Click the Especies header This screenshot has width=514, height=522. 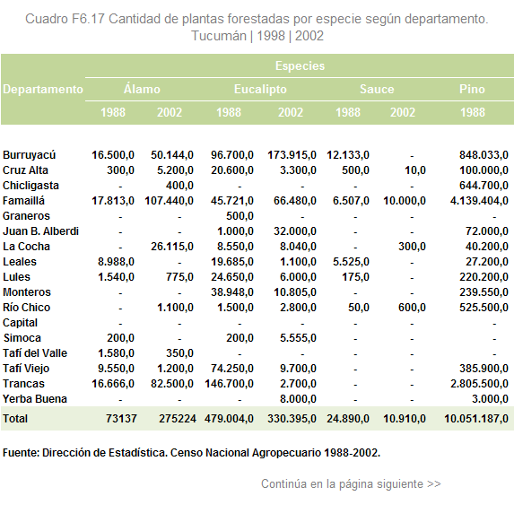(x=300, y=65)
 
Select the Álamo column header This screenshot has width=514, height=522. (x=142, y=89)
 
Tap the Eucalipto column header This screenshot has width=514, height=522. (x=260, y=89)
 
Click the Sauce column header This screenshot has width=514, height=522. (x=377, y=89)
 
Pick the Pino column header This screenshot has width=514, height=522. (x=472, y=89)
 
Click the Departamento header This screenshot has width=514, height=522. (x=43, y=89)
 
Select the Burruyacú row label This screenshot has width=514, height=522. (x=29, y=155)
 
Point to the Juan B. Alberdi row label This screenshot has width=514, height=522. (x=40, y=231)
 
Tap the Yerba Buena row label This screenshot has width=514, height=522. (x=35, y=399)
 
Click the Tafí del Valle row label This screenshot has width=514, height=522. (x=35, y=352)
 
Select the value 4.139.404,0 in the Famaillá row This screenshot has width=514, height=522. (x=479, y=201)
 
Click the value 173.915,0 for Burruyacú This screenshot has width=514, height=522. (x=292, y=155)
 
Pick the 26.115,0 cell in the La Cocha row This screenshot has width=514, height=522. (x=172, y=247)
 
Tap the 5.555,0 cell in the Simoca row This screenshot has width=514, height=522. (x=298, y=338)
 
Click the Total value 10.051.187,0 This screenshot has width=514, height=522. (x=476, y=419)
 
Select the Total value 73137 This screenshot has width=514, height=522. (x=121, y=419)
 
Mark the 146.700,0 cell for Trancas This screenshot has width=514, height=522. (x=229, y=384)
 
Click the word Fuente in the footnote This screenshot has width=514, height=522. (x=21, y=453)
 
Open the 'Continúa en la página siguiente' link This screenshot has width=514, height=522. (x=351, y=483)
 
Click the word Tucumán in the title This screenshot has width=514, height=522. (x=219, y=36)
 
